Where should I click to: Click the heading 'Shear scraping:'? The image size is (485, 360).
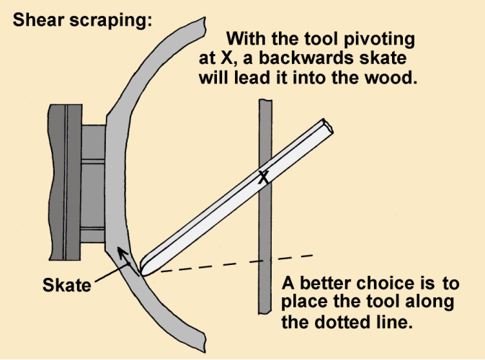(81, 20)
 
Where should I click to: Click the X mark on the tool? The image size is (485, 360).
(264, 178)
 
